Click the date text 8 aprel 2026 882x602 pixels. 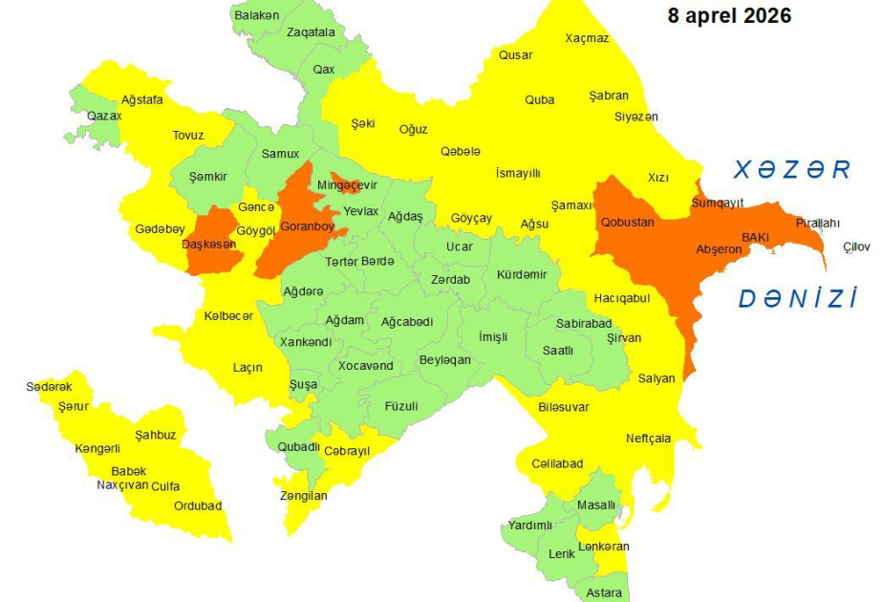729,16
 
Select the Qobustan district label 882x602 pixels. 627,222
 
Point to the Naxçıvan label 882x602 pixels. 122,485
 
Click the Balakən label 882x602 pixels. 257,15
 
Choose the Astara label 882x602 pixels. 603,592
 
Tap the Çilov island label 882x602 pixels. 856,247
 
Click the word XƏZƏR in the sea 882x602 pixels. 791,170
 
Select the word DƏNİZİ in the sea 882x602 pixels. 797,299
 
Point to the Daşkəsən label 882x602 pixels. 208,245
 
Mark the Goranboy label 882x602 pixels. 307,226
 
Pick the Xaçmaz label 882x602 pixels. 587,38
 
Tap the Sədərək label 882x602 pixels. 49,387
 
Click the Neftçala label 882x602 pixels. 649,439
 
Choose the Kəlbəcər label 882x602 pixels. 228,315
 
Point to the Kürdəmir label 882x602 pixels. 522,274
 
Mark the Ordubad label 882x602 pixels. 198,505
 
